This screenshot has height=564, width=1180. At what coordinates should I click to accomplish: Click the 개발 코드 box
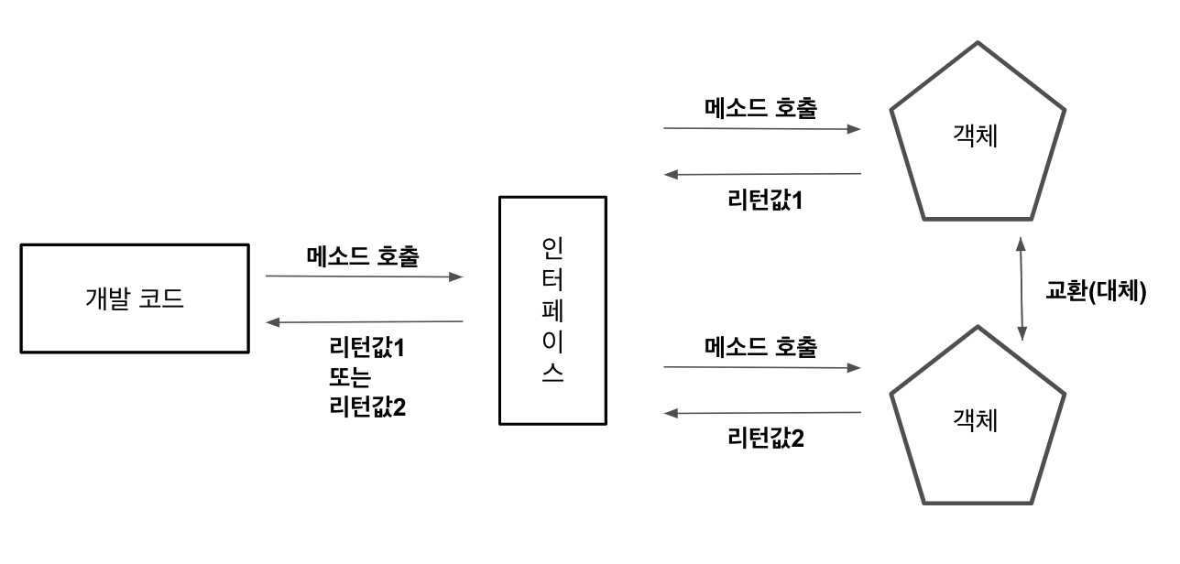click(135, 298)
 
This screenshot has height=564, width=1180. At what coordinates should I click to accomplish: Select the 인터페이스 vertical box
click(552, 310)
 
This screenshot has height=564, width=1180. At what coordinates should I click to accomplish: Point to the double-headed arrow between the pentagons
click(1022, 289)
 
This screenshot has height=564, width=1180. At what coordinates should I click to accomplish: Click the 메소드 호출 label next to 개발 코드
click(363, 255)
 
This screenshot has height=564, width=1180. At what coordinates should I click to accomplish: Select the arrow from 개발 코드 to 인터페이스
click(364, 276)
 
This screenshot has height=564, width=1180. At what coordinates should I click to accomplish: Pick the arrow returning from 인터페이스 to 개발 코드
click(364, 321)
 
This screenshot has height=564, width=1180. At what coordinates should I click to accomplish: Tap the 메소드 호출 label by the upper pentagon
click(761, 107)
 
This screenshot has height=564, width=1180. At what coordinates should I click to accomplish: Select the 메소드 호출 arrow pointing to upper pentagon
click(762, 129)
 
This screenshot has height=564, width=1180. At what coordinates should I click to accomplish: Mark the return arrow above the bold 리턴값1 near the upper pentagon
click(762, 174)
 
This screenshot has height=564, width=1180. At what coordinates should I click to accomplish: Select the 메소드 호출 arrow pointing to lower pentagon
click(762, 367)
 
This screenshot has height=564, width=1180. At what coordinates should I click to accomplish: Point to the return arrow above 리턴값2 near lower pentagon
click(762, 413)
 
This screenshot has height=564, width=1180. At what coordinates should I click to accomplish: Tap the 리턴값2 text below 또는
click(367, 405)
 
